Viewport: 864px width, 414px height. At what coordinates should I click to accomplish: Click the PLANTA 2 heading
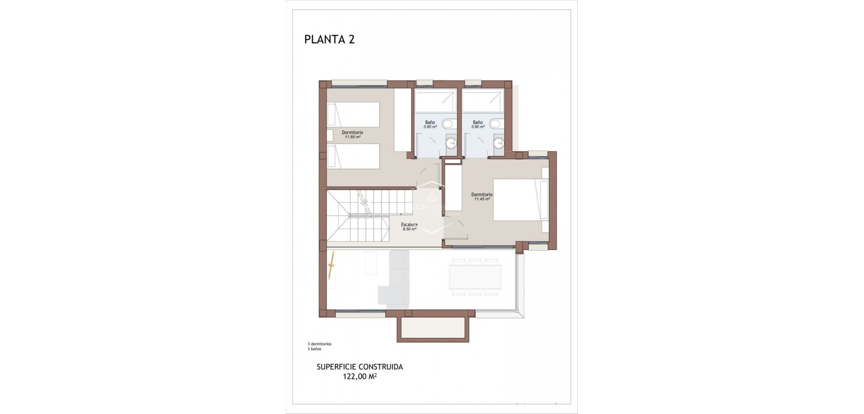point(329,40)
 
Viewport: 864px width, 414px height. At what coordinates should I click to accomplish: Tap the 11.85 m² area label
point(352,137)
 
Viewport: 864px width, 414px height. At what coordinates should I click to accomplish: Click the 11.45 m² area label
point(482,199)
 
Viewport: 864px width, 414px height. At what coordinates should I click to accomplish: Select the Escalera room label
point(409,225)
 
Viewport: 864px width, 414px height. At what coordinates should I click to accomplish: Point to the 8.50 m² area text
point(409,229)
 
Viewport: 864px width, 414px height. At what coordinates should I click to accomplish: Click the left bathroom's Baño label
point(430,122)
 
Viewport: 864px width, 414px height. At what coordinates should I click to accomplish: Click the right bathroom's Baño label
point(478,122)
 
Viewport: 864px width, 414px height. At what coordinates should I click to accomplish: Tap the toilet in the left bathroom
point(448,123)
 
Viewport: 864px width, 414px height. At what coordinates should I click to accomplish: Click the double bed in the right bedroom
point(517,200)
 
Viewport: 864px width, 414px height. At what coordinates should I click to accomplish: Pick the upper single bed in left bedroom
point(354,114)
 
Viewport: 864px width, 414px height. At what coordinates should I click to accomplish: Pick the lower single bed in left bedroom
point(354,156)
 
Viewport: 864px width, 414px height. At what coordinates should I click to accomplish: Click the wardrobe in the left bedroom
point(402,120)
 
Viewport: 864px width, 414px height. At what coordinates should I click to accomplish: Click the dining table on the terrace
point(475,277)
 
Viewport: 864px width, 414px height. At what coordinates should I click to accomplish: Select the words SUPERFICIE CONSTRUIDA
point(360,367)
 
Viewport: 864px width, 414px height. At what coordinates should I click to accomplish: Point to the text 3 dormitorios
point(319,344)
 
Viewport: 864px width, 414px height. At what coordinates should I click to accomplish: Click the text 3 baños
point(315,349)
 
